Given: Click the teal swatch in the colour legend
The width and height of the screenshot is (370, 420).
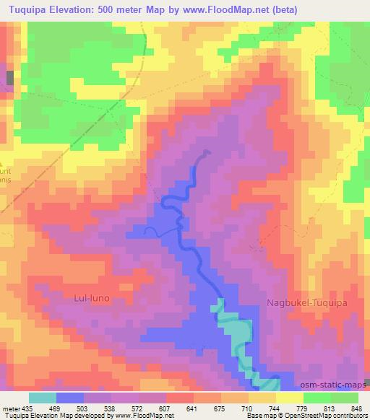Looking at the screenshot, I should (43, 398).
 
